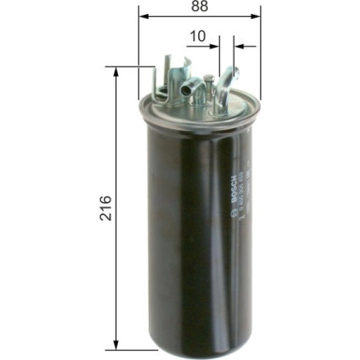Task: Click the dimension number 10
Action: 196,36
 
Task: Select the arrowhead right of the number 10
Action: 238,45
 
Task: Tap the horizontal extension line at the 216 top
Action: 131,67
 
